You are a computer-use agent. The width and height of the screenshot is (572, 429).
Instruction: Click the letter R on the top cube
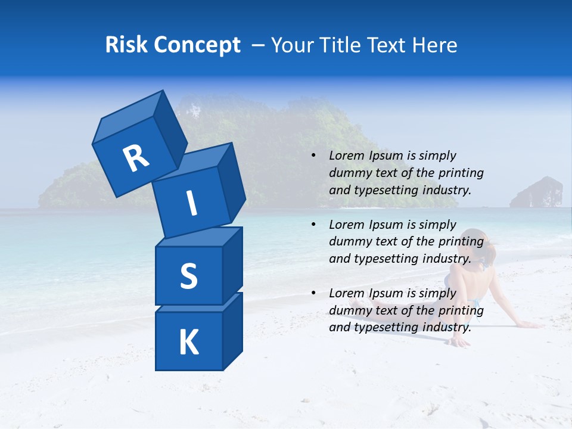(136, 158)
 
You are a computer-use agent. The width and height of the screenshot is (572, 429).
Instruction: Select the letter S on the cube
(188, 276)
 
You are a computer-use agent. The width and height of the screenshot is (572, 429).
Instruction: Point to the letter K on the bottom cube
(188, 343)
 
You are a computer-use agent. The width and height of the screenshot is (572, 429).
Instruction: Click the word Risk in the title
(125, 45)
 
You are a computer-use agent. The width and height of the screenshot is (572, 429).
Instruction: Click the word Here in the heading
(435, 45)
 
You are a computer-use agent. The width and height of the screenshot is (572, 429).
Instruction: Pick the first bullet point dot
(313, 156)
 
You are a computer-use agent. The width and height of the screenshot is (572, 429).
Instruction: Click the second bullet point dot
(313, 225)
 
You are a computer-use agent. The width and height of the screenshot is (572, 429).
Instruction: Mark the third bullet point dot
(313, 293)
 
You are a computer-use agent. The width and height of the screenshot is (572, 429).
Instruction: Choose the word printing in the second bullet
(461, 241)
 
